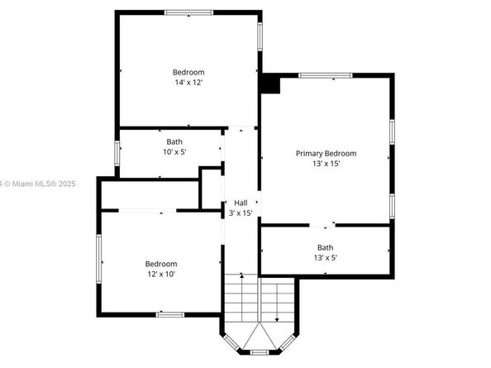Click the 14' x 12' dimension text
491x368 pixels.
188,83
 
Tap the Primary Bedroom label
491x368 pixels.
327,153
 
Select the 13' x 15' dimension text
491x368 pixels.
327,164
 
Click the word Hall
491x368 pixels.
241,203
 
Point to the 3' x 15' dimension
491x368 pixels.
241,213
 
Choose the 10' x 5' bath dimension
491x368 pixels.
174,152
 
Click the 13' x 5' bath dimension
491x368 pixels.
326,258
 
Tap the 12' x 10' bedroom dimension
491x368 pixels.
161,275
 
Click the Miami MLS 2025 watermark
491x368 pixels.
38,184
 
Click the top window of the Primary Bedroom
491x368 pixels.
326,76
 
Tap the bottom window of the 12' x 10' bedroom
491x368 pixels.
169,314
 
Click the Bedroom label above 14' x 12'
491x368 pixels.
188,72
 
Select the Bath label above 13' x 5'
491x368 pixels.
326,247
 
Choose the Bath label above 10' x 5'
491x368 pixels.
174,141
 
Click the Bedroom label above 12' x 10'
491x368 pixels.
161,264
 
